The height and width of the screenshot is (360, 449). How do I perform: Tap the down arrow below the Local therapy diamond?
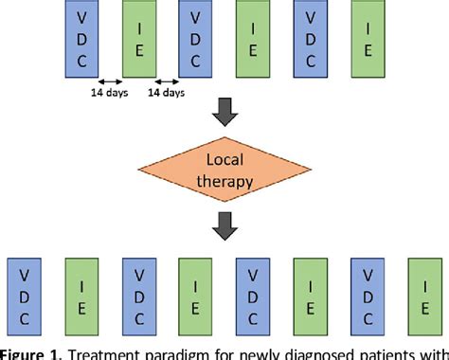[x=224, y=226]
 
